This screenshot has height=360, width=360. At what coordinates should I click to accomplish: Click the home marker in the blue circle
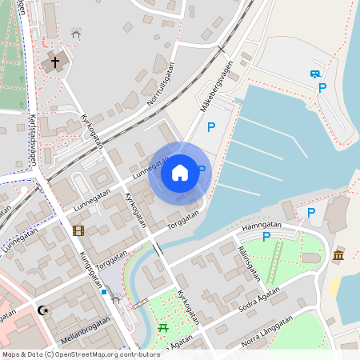coord(180,173)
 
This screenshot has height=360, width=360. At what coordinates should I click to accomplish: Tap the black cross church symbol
coord(55,62)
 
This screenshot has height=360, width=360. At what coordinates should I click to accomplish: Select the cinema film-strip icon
coord(78,231)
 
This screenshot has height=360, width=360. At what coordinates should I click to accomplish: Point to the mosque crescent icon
coord(43,310)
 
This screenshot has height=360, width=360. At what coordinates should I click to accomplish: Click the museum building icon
coord(338,255)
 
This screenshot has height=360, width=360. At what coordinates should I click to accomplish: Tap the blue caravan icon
coord(315,74)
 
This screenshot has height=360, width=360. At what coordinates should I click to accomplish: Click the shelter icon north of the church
coord(76,34)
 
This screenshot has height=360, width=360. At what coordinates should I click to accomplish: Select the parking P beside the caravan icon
coord(322,88)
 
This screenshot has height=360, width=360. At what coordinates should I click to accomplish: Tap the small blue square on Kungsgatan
coord(104,291)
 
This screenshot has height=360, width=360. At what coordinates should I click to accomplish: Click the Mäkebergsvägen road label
coord(216,82)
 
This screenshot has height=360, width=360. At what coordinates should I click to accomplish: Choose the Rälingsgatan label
coord(249,262)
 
